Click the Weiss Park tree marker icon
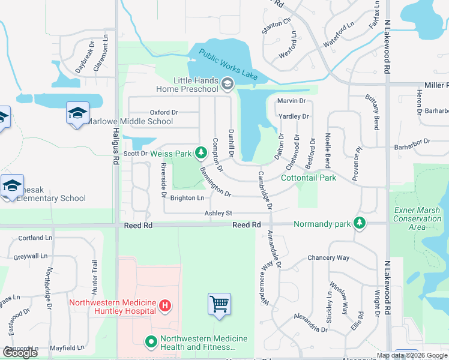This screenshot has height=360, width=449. [x=201, y=154]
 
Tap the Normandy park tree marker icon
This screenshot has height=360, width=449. [x=360, y=224]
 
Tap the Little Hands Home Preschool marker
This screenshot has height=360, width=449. [x=227, y=85]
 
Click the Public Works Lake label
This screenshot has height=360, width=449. [x=229, y=65]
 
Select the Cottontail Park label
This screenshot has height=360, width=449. [x=309, y=178]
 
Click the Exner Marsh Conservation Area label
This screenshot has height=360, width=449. [x=418, y=218]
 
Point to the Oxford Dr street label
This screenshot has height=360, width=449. [x=164, y=112]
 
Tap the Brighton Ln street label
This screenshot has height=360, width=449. [x=187, y=198]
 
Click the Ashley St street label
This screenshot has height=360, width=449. [x=218, y=213]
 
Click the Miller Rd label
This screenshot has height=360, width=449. [x=436, y=86]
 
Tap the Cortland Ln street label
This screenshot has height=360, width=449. [x=32, y=238]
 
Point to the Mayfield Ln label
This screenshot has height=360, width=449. [x=67, y=348]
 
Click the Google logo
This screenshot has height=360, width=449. [x=20, y=352]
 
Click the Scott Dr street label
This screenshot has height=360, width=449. [x=135, y=154]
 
